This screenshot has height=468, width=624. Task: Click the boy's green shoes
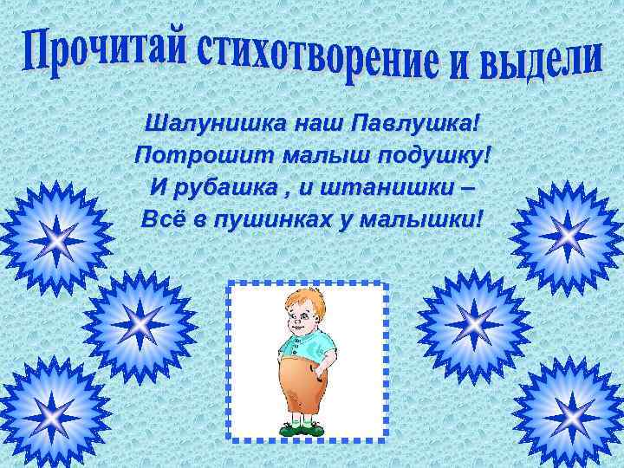(303, 426)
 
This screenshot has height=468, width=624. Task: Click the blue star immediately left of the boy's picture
(139, 326)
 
